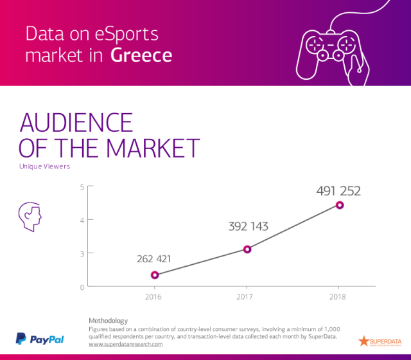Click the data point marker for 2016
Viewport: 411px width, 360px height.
pos(155,275)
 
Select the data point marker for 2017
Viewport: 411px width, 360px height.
pos(247,249)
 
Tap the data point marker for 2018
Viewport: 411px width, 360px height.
pos(340,205)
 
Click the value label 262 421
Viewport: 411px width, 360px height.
pos(154,259)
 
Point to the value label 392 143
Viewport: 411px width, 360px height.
pos(248,226)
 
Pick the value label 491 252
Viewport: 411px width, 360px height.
pos(338,191)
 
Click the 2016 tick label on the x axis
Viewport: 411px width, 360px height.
pos(154,297)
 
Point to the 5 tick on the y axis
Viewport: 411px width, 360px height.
pos(82,187)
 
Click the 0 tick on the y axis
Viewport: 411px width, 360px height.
pos(82,287)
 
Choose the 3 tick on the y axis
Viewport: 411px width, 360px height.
pos(82,253)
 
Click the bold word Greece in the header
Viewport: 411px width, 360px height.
pos(141,55)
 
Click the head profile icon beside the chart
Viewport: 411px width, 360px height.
pos(30,217)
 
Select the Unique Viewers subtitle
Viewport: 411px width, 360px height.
pos(44,166)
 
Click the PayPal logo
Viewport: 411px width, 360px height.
pos(40,339)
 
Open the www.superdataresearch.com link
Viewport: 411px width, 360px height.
pos(125,344)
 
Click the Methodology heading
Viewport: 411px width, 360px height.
pos(108,320)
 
